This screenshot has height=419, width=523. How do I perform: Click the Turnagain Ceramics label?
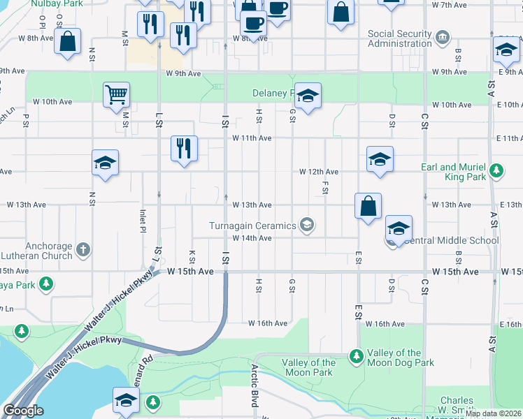click(253, 225)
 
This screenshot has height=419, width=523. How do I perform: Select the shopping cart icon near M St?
click(116, 94)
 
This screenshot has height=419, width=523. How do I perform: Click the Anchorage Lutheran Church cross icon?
click(83, 249)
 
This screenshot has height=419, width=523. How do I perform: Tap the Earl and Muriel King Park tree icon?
click(496, 170)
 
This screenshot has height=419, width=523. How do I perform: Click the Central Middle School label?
click(452, 241)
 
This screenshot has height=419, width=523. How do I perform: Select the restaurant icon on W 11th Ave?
click(185, 147)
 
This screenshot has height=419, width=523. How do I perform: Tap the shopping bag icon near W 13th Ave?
click(368, 205)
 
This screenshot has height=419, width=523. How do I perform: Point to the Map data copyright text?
click(494, 413)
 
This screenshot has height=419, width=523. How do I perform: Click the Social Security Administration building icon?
click(442, 36)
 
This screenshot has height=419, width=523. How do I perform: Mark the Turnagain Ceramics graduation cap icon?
click(306, 225)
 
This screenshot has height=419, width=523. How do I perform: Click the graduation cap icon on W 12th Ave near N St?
click(105, 163)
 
